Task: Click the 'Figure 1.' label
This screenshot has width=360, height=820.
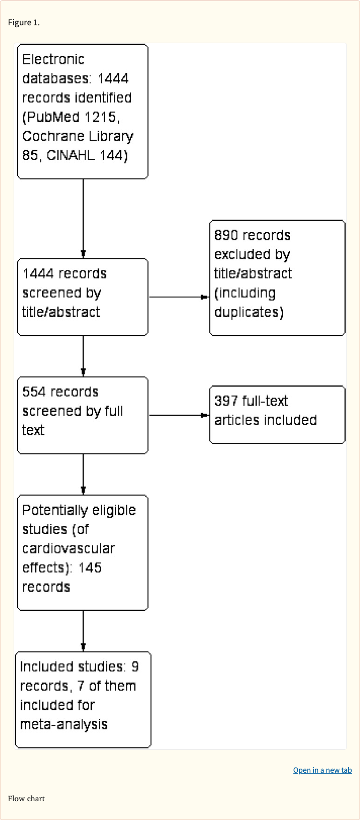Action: point(24,22)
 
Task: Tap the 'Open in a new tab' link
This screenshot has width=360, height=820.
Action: point(322,770)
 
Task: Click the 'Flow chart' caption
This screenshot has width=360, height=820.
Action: point(26,798)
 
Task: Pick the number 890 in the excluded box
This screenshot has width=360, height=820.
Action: point(226,235)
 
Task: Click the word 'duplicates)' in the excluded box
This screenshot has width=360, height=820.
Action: point(248,312)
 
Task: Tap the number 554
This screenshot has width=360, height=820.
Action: point(34,392)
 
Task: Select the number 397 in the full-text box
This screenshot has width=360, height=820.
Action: point(226,401)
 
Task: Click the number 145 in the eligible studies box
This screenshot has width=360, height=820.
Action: point(90,567)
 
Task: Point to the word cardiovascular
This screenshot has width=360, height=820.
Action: point(68,548)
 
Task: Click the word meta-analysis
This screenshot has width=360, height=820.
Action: point(64,724)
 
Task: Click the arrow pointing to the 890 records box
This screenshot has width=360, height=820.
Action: point(179,297)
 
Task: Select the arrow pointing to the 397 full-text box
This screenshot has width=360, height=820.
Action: point(179,415)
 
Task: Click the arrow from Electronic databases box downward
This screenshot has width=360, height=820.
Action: point(83,218)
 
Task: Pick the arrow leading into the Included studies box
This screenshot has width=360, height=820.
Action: point(83,631)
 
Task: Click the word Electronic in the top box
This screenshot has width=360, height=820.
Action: point(53,60)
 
